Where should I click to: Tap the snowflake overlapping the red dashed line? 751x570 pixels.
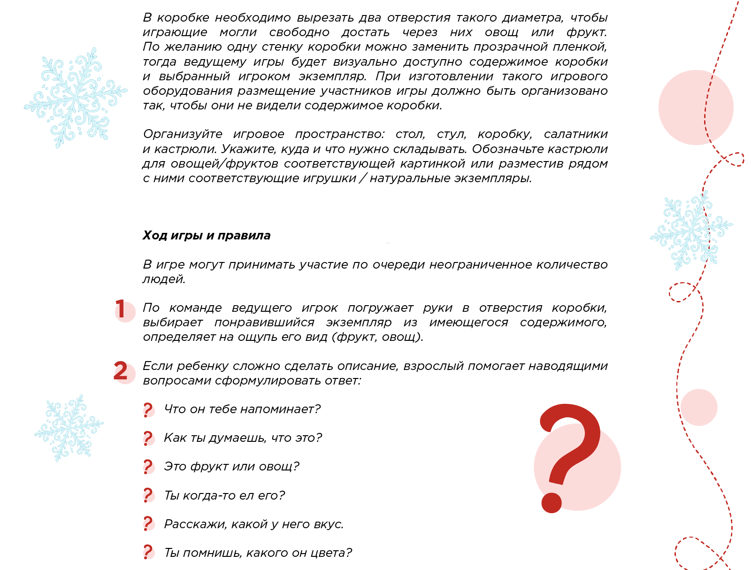pyautogui.click(x=691, y=230)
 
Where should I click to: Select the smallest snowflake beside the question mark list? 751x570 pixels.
pyautogui.click(x=69, y=427)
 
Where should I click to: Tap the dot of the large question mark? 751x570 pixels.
pyautogui.click(x=552, y=503)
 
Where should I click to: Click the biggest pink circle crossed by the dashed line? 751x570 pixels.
pyautogui.click(x=696, y=107)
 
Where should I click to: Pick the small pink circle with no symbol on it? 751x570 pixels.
pyautogui.click(x=699, y=407)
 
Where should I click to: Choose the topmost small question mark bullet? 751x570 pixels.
pyautogui.click(x=148, y=410)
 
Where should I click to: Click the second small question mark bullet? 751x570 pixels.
pyautogui.click(x=148, y=439)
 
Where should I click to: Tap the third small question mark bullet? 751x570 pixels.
pyautogui.click(x=148, y=467)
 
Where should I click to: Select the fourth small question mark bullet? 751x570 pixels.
pyautogui.click(x=148, y=495)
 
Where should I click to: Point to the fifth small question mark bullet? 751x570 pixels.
pyautogui.click(x=148, y=523)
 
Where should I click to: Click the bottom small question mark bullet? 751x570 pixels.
pyautogui.click(x=148, y=552)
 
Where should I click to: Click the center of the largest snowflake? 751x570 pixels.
pyautogui.click(x=75, y=97)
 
